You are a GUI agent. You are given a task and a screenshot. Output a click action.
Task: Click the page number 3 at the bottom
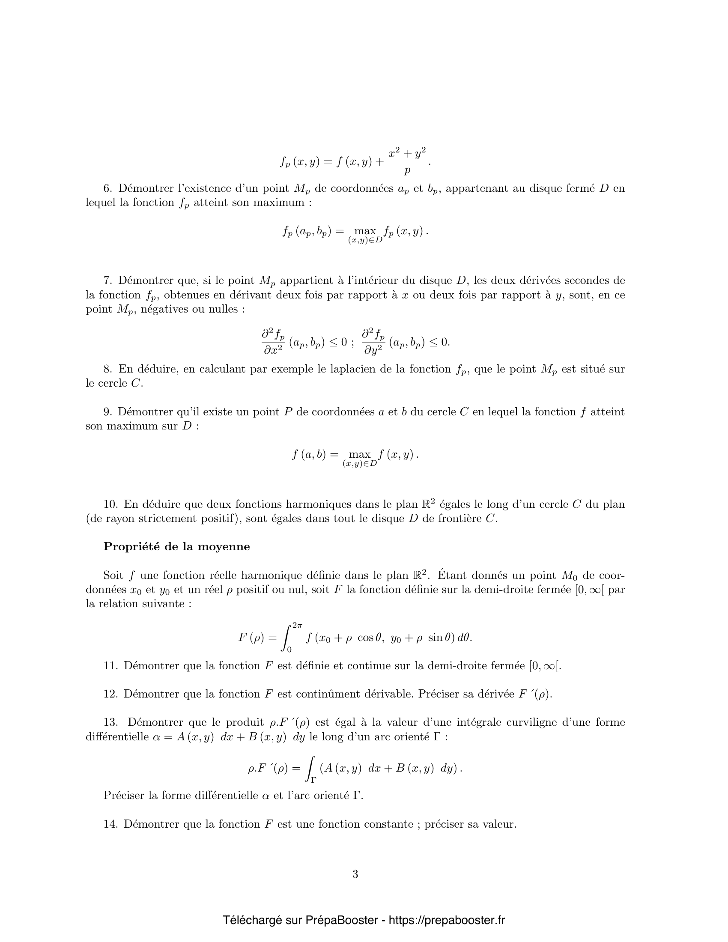pyautogui.click(x=355, y=874)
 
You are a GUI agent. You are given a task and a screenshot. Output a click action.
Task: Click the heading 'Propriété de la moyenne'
pyautogui.click(x=176, y=546)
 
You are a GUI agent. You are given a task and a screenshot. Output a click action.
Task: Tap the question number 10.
pyautogui.click(x=110, y=504)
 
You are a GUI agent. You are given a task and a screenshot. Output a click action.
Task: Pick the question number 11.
pyautogui.click(x=110, y=665)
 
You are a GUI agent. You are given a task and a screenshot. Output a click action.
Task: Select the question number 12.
pyautogui.click(x=110, y=694)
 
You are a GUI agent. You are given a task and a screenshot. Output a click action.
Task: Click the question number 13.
pyautogui.click(x=110, y=722)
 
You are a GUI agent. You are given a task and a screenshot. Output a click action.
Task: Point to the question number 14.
pyautogui.click(x=110, y=824)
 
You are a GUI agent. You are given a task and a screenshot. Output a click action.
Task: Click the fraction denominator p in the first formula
pyautogui.click(x=407, y=171)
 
